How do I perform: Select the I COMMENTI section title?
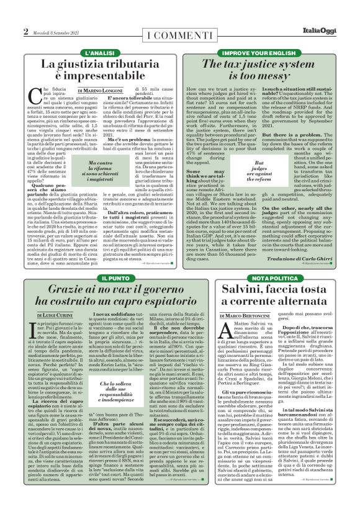(x=180, y=32)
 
